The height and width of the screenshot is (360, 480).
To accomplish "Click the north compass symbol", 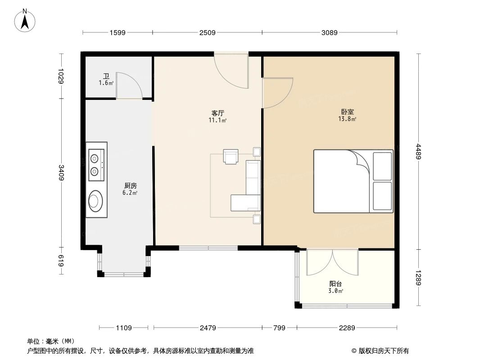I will pyautogui.click(x=26, y=20).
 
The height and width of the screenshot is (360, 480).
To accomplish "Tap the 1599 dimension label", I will pyautogui.click(x=117, y=32).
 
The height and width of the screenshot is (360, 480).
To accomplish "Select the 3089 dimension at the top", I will pyautogui.click(x=329, y=32).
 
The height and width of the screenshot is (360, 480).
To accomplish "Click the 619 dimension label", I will pyautogui.click(x=61, y=261).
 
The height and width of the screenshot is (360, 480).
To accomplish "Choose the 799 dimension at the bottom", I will pyautogui.click(x=279, y=328).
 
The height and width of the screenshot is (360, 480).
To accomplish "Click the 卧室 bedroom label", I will pyautogui.click(x=347, y=112).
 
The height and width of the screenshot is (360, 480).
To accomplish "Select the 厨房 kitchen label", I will pyautogui.click(x=130, y=185).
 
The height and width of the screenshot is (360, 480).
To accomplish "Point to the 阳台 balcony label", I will pyautogui.click(x=335, y=284).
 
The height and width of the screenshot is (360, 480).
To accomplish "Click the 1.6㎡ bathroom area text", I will pyautogui.click(x=106, y=83).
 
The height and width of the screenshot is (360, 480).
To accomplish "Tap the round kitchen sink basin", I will pyautogui.click(x=95, y=201).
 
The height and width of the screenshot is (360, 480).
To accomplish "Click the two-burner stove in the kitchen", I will pyautogui.click(x=96, y=165).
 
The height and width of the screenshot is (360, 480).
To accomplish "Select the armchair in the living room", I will pyautogui.click(x=232, y=157).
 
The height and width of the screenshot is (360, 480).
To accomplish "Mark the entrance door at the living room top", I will pyautogui.click(x=231, y=70).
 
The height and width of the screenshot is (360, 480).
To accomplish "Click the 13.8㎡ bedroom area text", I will pyautogui.click(x=347, y=119).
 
